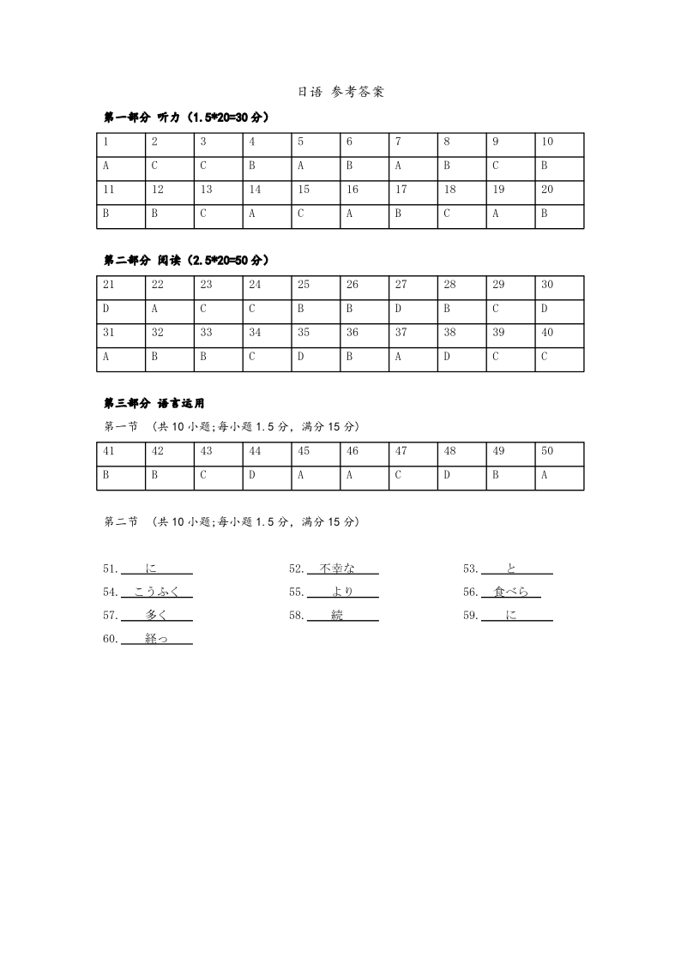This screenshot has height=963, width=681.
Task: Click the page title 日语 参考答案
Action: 340,93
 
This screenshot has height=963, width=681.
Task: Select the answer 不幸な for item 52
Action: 336,568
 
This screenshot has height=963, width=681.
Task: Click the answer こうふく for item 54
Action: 156,592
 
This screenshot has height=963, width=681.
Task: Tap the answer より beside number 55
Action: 342,592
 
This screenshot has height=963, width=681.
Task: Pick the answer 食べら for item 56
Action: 511,592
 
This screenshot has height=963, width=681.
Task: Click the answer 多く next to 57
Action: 156,615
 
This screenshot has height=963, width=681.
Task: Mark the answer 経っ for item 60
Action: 156,639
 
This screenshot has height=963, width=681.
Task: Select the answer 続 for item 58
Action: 336,615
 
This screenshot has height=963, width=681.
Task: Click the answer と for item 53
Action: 512,568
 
